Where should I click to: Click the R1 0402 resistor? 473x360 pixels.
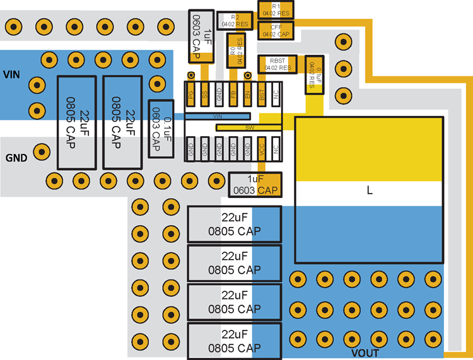[x=276, y=9]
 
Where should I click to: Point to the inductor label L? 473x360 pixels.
[x=370, y=189]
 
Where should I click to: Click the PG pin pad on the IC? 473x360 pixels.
[x=190, y=95]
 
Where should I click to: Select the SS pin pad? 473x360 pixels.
[x=205, y=95]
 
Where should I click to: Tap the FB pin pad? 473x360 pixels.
[x=233, y=95]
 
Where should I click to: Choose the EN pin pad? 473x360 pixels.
[x=247, y=95]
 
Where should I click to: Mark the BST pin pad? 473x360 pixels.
[x=262, y=95]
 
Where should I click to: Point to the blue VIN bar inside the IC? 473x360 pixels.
[x=218, y=117]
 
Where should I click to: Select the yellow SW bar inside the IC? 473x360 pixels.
[x=248, y=127]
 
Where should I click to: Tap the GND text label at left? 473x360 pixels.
[x=16, y=158]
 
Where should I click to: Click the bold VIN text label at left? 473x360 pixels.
[x=12, y=74]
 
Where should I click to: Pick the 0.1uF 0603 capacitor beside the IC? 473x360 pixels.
[x=161, y=128]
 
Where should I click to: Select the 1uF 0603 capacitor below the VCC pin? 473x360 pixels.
[x=255, y=184]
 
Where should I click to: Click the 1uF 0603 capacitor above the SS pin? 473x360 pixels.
[x=202, y=36]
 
